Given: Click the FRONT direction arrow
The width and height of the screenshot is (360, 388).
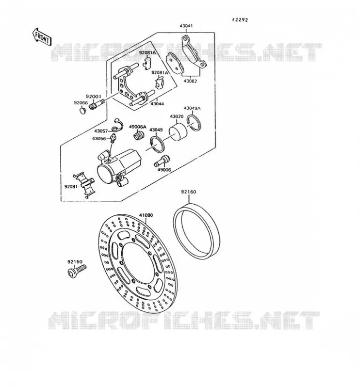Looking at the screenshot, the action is tap(42, 37).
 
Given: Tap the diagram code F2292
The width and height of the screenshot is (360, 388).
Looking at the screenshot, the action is tap(240, 20).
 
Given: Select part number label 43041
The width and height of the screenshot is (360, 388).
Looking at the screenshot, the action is tap(186, 26).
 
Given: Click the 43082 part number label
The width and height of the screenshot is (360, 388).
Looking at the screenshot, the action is tap(190, 81).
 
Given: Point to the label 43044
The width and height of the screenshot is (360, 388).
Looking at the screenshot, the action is tap(157, 104).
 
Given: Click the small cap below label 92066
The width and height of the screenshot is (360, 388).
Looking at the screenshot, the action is tap(83, 110).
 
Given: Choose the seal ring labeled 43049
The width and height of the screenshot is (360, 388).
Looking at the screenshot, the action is tap(157, 145).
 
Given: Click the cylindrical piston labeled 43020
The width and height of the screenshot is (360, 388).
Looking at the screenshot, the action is tap(178, 132).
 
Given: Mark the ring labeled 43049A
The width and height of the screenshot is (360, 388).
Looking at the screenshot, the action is tap(194, 122).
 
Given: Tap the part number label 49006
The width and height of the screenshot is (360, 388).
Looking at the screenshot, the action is tap(164, 170).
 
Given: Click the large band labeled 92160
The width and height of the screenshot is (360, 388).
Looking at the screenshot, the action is tap(196, 231).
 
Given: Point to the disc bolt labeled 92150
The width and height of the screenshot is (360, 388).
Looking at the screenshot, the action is tap(77, 271).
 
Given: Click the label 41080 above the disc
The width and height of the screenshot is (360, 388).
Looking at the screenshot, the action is tap(146, 215).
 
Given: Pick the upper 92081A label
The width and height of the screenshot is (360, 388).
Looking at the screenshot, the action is tap(147, 52).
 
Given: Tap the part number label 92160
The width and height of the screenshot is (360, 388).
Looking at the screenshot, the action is tap(189, 192).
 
